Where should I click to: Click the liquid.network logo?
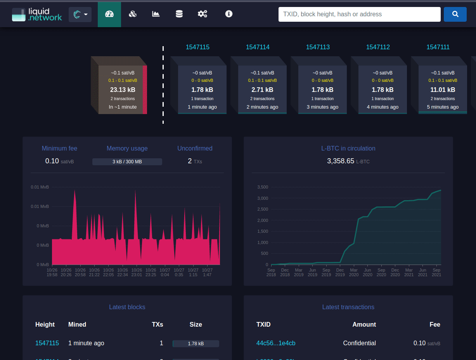(37, 14)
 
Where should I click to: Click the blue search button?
(455, 14)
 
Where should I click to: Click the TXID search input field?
(359, 14)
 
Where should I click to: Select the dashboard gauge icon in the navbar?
(109, 14)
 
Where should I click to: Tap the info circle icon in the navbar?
(229, 14)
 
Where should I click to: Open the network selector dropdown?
(80, 15)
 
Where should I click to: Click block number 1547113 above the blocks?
(318, 47)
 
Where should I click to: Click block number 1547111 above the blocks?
(438, 47)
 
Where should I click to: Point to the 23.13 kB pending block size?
(123, 90)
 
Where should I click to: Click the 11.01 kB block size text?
(443, 90)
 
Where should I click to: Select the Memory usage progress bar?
(127, 162)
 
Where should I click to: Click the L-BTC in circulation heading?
(348, 149)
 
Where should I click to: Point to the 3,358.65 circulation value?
(341, 161)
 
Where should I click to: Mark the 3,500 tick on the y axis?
(263, 187)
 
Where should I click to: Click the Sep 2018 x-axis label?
(271, 272)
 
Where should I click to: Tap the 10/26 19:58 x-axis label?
(52, 272)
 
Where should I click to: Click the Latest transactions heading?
(348, 307)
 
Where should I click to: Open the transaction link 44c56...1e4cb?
(276, 343)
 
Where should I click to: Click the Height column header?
(45, 325)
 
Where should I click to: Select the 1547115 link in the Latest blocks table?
(47, 343)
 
